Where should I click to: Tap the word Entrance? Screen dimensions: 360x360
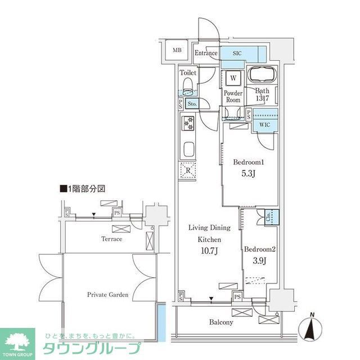206,53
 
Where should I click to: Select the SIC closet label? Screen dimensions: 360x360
237,53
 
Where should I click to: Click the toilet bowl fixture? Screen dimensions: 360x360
187,86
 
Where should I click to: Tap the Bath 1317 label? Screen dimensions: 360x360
263,94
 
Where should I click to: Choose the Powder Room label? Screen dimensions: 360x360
233,96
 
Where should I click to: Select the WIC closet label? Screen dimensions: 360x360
264,125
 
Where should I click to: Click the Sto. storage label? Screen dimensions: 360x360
192,104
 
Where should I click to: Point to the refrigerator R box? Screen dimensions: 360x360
188,170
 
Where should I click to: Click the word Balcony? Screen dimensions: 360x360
222,322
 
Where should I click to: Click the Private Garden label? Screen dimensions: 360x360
107,294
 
